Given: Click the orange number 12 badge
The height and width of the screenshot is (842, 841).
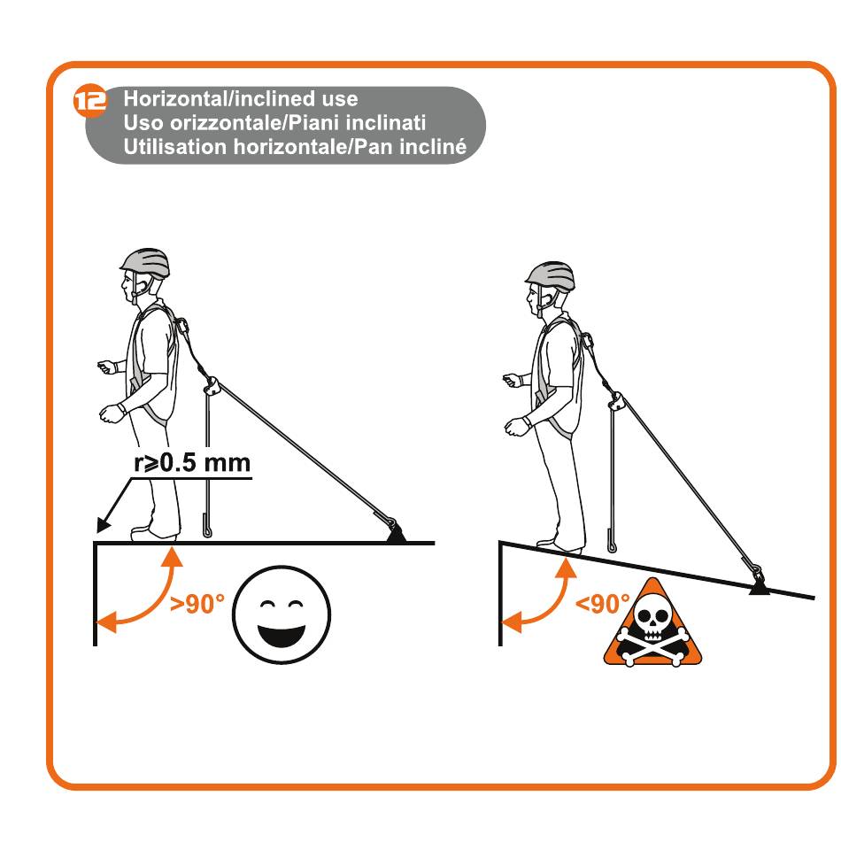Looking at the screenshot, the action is (x=89, y=100).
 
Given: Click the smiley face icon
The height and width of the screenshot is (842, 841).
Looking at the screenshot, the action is (x=282, y=614).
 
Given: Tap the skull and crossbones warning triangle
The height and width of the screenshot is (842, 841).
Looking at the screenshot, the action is (x=652, y=626).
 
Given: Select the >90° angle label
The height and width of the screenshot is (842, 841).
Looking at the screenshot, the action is (x=197, y=604).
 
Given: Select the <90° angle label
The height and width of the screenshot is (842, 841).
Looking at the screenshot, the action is (x=602, y=604).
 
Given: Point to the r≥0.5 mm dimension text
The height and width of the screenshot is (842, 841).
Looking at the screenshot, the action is (x=192, y=463).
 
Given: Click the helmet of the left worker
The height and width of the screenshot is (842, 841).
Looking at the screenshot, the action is (x=145, y=261).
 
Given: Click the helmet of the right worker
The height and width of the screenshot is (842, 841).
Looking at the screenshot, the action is (x=551, y=275).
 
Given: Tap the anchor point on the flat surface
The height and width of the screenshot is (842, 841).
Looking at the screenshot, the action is (x=396, y=533).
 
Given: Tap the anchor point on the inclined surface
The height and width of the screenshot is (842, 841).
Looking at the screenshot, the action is (x=759, y=582).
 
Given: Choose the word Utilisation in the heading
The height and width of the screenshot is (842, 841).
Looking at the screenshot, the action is (x=175, y=147).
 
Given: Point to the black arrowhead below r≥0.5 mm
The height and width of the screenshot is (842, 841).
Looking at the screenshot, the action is (x=103, y=525).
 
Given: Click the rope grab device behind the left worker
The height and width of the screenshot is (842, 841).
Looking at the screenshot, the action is (x=212, y=386).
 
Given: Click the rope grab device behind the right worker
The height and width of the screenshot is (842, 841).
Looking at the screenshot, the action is (x=617, y=400).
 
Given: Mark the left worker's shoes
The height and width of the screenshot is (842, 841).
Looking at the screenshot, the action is (x=154, y=533).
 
